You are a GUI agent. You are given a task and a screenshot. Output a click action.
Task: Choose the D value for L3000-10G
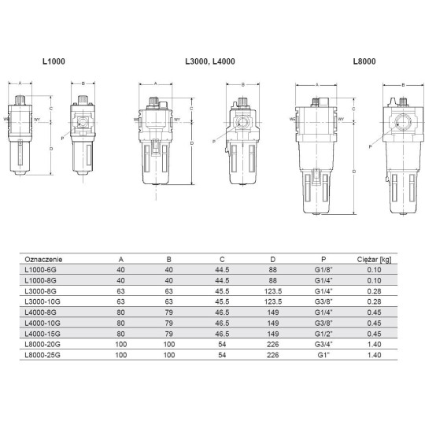[272, 300]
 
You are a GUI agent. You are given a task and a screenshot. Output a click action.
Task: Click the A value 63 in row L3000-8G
[120, 290]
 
